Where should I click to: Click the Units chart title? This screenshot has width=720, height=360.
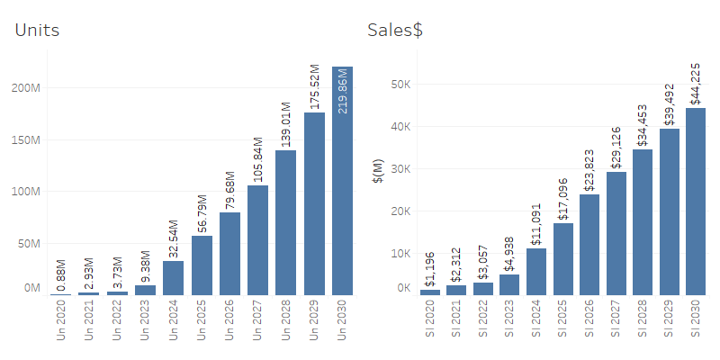(x=37, y=31)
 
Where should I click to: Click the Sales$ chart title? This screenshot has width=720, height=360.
(x=395, y=31)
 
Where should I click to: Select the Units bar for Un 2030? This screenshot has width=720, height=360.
(x=342, y=180)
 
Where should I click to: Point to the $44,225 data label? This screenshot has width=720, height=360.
(x=695, y=84)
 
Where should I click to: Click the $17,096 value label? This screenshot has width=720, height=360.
(x=563, y=199)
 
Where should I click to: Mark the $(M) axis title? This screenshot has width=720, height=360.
(x=378, y=168)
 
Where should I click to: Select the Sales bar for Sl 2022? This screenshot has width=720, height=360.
(x=483, y=289)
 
